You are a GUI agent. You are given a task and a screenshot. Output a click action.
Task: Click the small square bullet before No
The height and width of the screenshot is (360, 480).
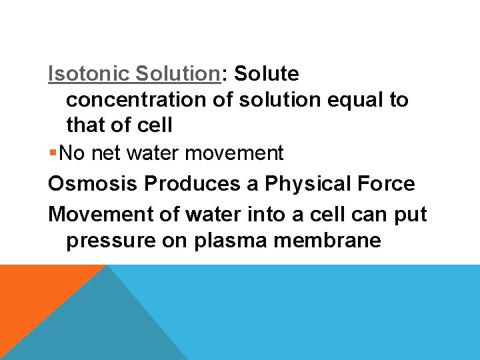pyautogui.click(x=53, y=153)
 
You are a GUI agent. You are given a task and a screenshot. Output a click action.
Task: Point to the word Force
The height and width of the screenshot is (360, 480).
pyautogui.click(x=386, y=183)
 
